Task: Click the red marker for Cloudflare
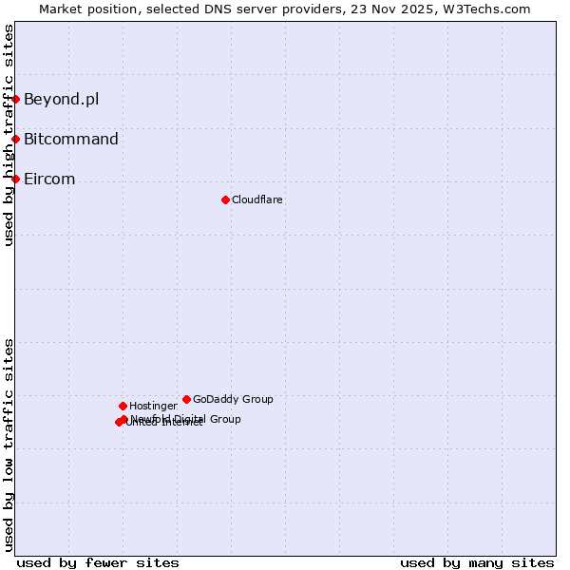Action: (x=225, y=199)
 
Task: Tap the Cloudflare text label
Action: (x=256, y=199)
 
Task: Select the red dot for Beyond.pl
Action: (x=15, y=99)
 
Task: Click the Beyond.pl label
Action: (x=61, y=99)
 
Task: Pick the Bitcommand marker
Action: (x=15, y=139)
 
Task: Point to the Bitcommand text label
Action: (x=71, y=139)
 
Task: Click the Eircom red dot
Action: (x=15, y=179)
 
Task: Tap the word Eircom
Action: (x=49, y=179)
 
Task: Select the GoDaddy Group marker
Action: (x=186, y=399)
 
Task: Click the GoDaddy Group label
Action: (x=233, y=399)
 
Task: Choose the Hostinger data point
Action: (x=123, y=406)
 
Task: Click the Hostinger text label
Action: (x=153, y=406)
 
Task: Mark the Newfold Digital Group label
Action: (x=186, y=418)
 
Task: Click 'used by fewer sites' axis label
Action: (x=98, y=562)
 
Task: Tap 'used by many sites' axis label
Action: (x=477, y=562)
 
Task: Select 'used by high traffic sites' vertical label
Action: (x=9, y=135)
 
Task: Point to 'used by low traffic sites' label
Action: (x=9, y=445)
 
